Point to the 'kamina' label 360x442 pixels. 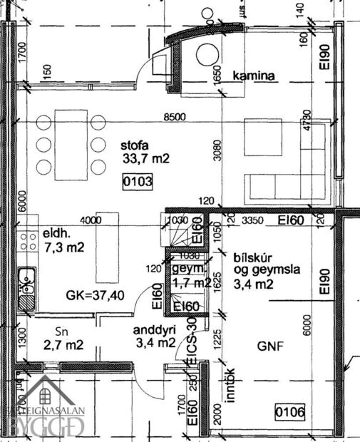[255, 75]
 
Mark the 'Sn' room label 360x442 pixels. [62, 332]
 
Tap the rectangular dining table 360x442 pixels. [70, 145]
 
